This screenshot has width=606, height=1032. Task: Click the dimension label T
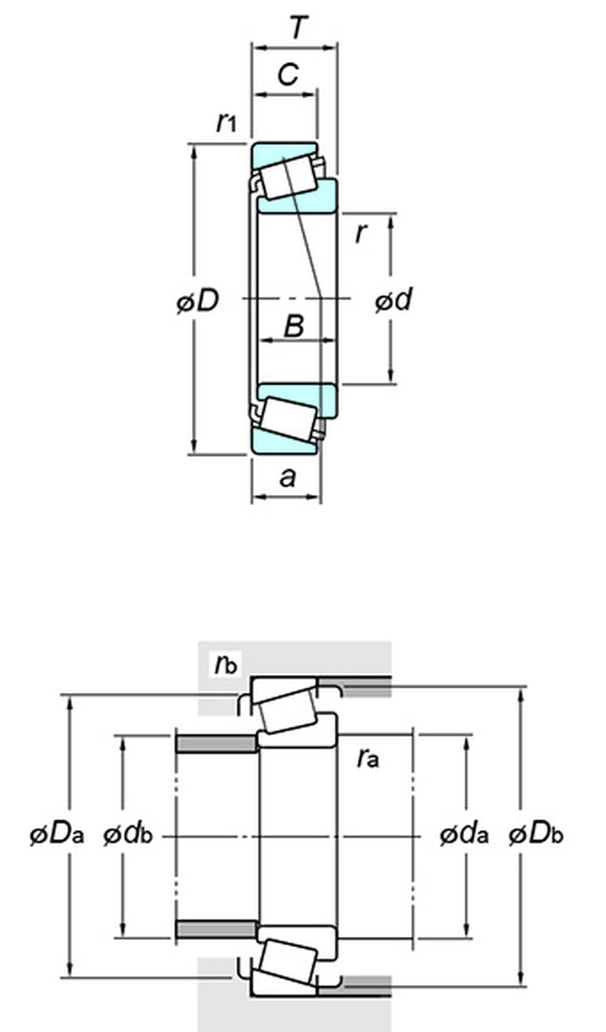298,27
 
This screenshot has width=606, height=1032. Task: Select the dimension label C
288,75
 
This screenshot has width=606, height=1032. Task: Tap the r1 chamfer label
226,122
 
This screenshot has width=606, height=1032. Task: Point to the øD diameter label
198,301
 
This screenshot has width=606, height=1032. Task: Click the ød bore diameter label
393,300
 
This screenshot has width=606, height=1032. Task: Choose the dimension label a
288,478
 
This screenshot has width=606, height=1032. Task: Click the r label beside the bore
361,232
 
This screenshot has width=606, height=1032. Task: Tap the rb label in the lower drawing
225,664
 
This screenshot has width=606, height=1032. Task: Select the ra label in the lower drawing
368,757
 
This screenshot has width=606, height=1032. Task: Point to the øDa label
56,834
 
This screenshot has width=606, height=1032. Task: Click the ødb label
128,834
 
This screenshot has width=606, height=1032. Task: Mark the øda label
464,834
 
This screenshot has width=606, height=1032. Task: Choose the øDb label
536,834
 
